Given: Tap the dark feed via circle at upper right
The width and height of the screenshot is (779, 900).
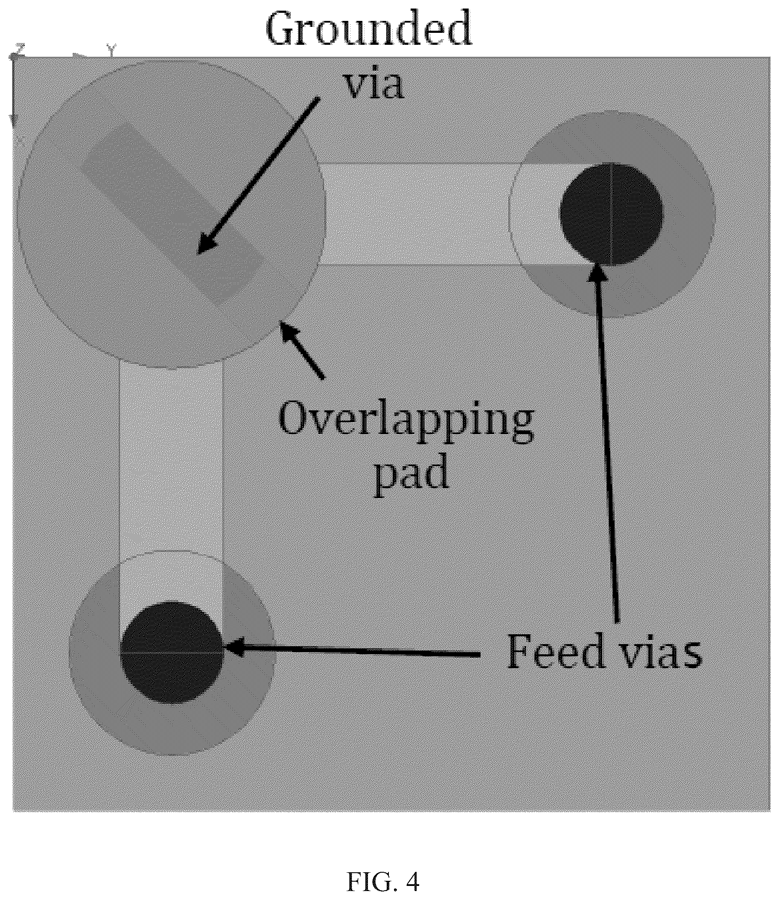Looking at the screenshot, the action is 611,214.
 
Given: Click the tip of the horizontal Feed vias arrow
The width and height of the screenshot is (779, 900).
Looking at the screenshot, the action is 225,648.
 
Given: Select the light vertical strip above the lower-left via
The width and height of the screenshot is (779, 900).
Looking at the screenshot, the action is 171,456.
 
